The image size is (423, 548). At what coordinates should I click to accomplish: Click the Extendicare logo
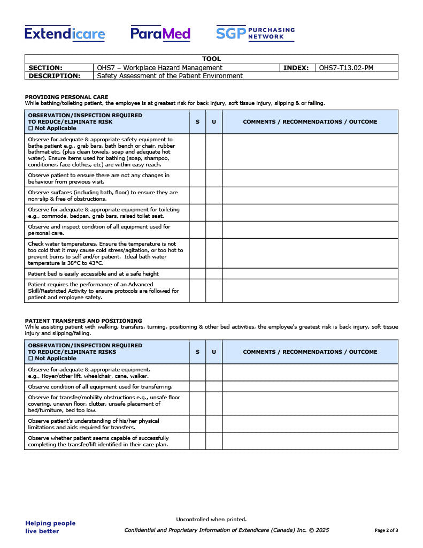[x=65, y=34]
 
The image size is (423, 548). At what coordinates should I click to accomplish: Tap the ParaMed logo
[x=160, y=34]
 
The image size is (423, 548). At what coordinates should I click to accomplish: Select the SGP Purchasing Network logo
[x=255, y=33]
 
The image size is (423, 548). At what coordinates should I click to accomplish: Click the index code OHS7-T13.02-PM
[x=346, y=68]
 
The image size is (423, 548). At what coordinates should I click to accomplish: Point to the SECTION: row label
[x=45, y=68]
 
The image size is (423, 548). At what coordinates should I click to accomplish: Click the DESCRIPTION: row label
[x=54, y=76]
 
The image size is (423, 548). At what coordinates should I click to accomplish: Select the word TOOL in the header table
[x=211, y=59]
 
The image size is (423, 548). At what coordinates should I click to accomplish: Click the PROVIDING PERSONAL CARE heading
[x=66, y=97]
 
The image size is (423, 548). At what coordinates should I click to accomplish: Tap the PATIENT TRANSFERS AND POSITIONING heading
[x=83, y=321]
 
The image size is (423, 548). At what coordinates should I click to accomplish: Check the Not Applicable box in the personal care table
[x=30, y=128]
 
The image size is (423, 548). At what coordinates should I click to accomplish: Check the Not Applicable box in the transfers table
[x=30, y=359]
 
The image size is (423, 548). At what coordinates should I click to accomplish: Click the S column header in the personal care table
[x=197, y=122]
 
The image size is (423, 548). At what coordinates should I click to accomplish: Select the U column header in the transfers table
[x=214, y=352]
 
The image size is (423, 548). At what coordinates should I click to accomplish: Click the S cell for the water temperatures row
[x=197, y=253]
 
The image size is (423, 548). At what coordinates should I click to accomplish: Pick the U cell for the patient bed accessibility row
[x=214, y=273]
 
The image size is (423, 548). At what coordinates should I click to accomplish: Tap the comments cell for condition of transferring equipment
[x=310, y=386]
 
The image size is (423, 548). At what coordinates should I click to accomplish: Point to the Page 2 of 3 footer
[x=386, y=530]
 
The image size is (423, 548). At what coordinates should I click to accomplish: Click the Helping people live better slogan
[x=50, y=527]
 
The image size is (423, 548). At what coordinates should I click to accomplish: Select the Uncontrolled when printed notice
[x=211, y=519]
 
